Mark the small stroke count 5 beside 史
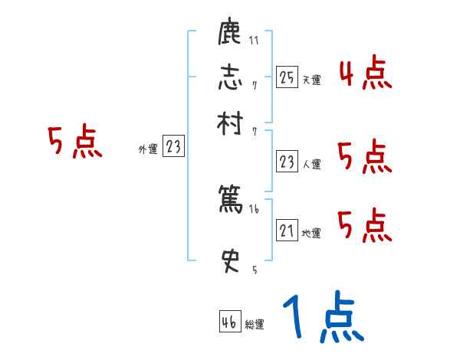tap(254, 270)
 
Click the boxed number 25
tap(287, 77)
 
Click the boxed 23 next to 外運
tap(174, 147)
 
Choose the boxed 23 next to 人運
tap(287, 162)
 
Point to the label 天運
tap(311, 80)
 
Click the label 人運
tap(311, 164)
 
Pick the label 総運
tap(255, 325)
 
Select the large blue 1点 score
tap(323, 319)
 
